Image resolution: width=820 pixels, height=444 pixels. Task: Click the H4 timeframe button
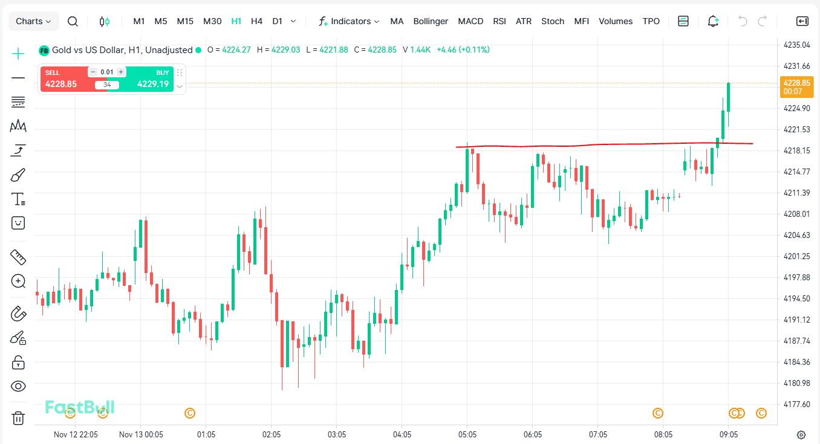click(x=256, y=21)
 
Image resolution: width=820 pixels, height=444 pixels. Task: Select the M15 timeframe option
click(x=185, y=21)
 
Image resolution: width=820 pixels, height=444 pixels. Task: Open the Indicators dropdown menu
click(x=350, y=21)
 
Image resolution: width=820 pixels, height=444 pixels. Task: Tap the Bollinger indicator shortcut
click(x=431, y=21)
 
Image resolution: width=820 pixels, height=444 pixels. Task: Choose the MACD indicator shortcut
click(x=470, y=21)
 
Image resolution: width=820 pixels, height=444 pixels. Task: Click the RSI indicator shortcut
click(x=499, y=21)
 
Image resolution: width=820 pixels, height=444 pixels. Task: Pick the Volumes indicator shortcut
click(x=616, y=21)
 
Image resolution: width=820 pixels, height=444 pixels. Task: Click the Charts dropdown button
click(x=33, y=21)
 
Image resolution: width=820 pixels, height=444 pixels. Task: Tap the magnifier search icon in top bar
click(x=73, y=21)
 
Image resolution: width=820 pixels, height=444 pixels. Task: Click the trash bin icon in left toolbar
click(x=18, y=418)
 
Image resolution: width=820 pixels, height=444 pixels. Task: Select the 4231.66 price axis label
click(x=796, y=66)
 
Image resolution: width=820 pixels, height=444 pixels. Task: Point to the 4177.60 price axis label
click(x=796, y=404)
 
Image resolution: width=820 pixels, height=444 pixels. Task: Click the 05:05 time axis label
click(x=467, y=434)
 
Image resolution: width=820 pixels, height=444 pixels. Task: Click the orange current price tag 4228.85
click(x=796, y=86)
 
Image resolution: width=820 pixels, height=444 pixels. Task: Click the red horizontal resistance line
click(x=605, y=144)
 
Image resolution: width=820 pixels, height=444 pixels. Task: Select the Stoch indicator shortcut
click(x=553, y=21)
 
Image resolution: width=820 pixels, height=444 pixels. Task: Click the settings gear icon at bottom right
click(x=801, y=434)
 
